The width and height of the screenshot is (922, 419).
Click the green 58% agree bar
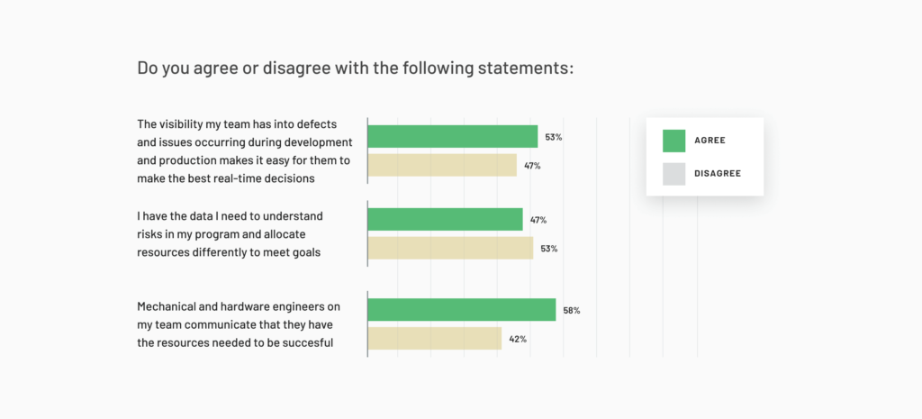[462, 309]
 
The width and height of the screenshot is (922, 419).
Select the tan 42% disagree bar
[435, 338]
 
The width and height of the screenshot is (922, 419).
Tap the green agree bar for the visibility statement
[453, 136]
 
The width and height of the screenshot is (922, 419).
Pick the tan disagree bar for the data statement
[450, 248]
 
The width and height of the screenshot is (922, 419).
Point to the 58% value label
[571, 310]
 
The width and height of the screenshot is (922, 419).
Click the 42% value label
[517, 339]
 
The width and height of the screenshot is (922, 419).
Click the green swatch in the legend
[673, 141]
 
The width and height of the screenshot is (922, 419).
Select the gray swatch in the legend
[673, 173]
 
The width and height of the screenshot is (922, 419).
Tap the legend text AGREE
[710, 141]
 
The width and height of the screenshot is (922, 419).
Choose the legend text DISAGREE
[718, 173]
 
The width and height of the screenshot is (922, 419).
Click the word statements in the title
[523, 68]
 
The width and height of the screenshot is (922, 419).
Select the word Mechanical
[173, 307]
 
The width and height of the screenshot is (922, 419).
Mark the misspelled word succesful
[308, 343]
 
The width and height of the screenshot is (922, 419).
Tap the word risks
[151, 235]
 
